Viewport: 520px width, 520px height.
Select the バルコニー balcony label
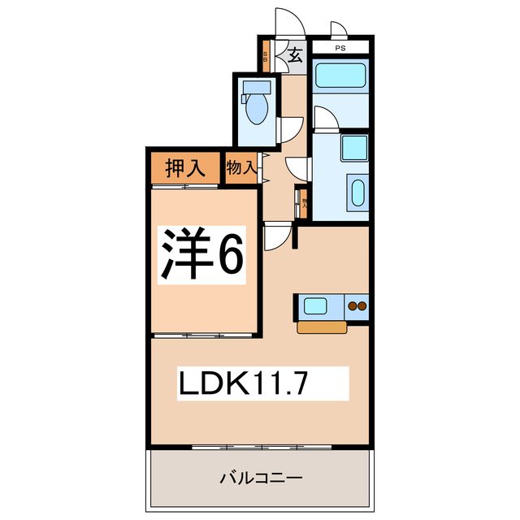tap(261, 478)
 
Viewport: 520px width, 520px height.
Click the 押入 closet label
tap(184, 169)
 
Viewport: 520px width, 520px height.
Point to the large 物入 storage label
tap(241, 169)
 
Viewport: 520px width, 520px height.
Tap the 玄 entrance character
tap(294, 57)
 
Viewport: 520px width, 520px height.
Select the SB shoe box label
tap(266, 58)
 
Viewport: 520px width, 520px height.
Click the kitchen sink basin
tap(316, 306)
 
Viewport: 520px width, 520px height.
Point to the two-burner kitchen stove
tap(357, 306)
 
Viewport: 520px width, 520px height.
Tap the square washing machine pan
tap(355, 149)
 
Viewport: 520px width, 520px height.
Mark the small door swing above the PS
tap(339, 32)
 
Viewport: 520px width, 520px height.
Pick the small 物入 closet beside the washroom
tap(305, 201)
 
